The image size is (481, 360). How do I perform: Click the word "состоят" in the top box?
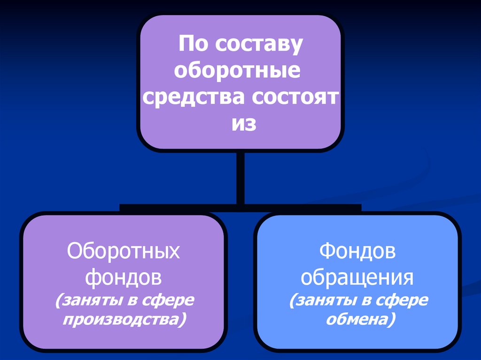[x=295, y=98]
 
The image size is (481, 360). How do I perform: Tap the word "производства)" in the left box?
[x=125, y=320]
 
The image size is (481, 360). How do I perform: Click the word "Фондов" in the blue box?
[x=357, y=252]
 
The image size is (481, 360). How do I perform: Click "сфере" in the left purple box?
[x=171, y=300]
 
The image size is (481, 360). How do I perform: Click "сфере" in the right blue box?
[x=405, y=300]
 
